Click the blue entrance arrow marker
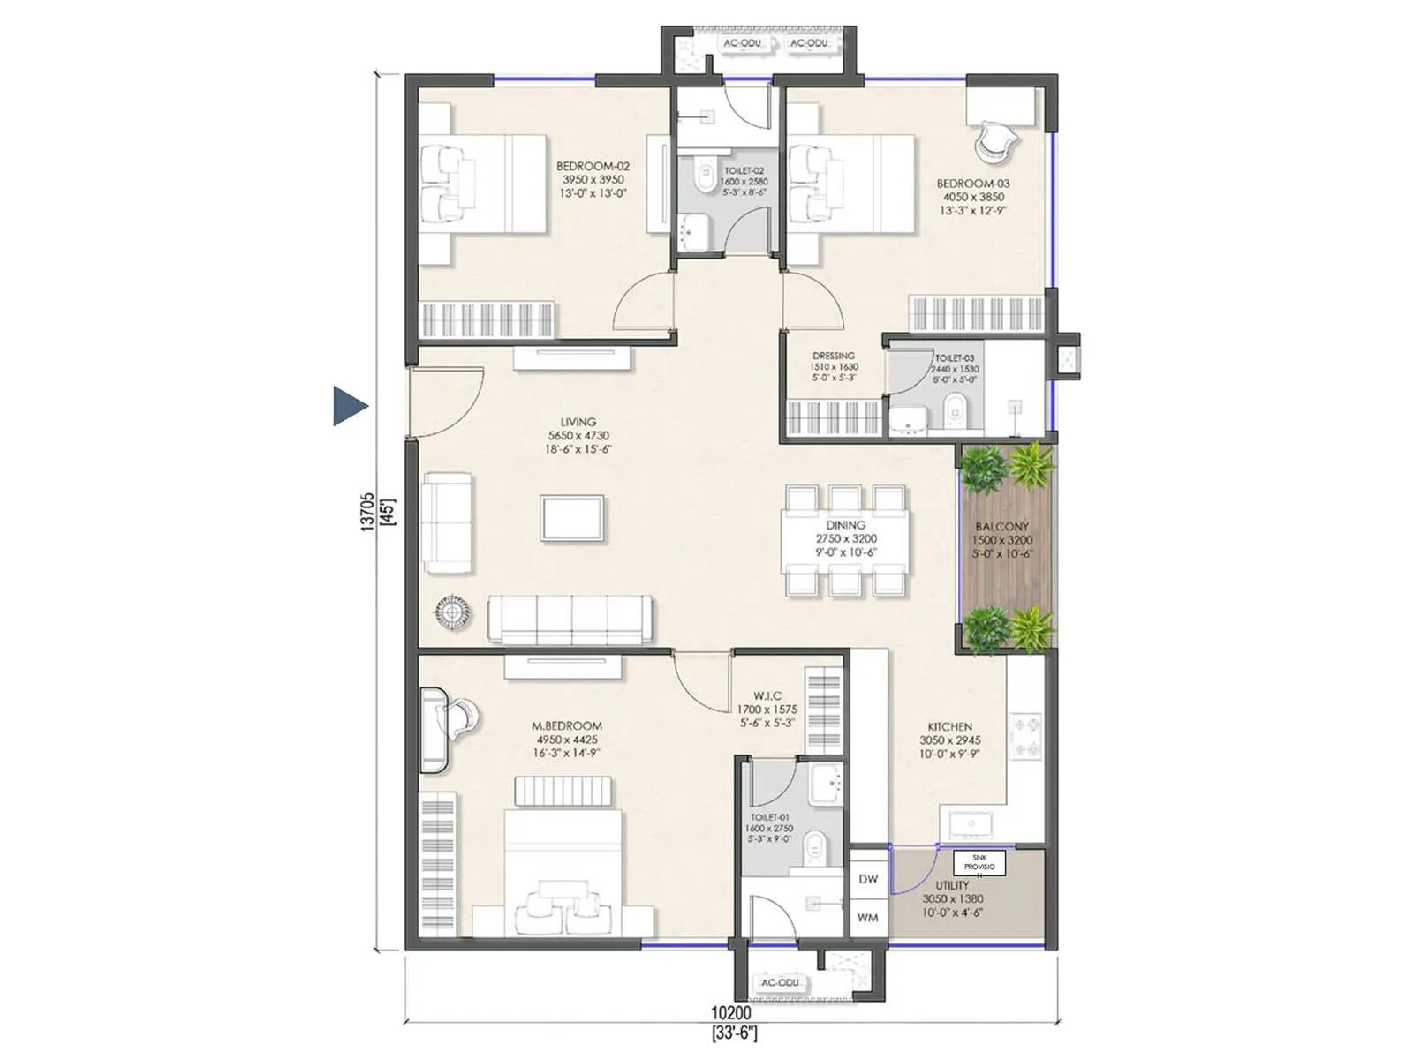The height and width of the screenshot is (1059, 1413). [x=349, y=406]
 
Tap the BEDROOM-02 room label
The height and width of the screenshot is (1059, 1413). [x=593, y=167]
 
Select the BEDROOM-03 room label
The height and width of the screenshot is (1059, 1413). [x=972, y=184]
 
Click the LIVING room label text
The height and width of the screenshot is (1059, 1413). [x=578, y=422]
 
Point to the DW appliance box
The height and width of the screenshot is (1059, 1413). [x=868, y=879]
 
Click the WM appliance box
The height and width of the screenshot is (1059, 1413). [x=868, y=918]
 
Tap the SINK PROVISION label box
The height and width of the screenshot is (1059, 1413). [x=979, y=863]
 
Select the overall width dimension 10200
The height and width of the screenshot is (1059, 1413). [x=731, y=1014]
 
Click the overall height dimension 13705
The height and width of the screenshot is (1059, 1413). [x=367, y=512]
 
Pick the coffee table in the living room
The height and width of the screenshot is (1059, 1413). [x=573, y=518]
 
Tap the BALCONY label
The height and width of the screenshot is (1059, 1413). [x=1001, y=526]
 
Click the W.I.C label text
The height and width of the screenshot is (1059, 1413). [x=767, y=696]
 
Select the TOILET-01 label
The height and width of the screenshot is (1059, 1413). [x=770, y=818]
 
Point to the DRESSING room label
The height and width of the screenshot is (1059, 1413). [x=833, y=356]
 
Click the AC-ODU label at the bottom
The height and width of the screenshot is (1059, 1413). [x=780, y=982]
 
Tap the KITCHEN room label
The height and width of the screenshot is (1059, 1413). [x=949, y=726]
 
